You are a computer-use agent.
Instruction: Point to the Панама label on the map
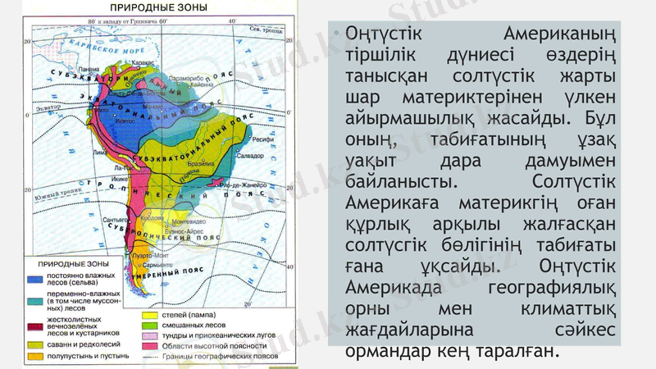[x=90, y=69]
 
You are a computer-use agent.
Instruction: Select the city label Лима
[x=100, y=152]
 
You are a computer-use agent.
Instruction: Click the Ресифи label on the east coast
[x=262, y=139]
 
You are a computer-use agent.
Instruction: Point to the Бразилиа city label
[x=200, y=163]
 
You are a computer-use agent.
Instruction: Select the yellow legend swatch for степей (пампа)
[x=150, y=315]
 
